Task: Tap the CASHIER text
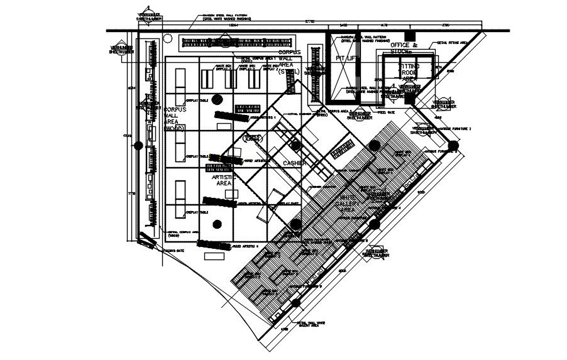pos(294,163)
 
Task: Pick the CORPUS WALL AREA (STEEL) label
pos(290,62)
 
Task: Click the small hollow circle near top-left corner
pos(167,38)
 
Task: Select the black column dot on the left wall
pos(138,145)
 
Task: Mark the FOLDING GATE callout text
pos(173,250)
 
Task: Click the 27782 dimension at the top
pos(310,21)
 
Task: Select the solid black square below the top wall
pos(410,35)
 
